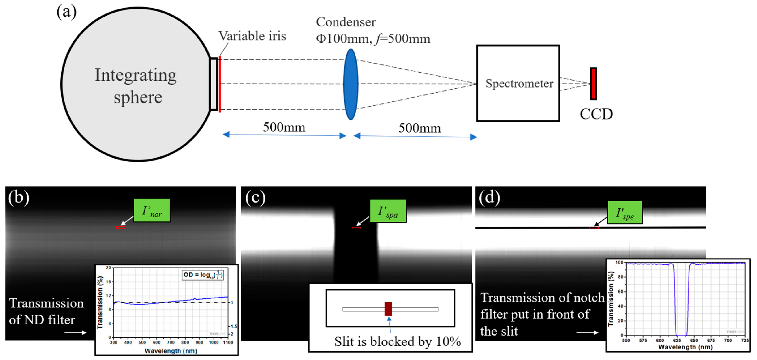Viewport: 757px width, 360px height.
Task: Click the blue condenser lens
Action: click(351, 84)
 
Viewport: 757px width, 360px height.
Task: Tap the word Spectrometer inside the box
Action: click(519, 84)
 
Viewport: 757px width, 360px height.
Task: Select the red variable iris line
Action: click(220, 84)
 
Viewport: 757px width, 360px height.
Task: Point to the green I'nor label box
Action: click(152, 210)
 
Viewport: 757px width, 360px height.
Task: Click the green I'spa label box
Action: click(388, 211)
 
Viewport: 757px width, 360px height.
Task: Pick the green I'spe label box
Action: click(625, 212)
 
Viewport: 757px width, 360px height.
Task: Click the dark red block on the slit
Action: click(388, 309)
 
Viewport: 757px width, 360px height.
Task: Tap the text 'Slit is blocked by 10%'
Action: click(397, 341)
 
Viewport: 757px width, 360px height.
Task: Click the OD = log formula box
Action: click(203, 275)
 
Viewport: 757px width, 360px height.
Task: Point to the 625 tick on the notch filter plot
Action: click(677, 340)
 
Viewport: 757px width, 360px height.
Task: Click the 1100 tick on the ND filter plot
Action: click(228, 343)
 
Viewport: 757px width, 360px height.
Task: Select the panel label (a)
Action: click(67, 12)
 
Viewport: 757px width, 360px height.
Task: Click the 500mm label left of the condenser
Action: click(284, 127)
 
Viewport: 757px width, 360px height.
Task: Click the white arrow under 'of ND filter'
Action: click(75, 333)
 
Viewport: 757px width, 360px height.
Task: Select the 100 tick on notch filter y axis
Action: click(619, 262)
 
